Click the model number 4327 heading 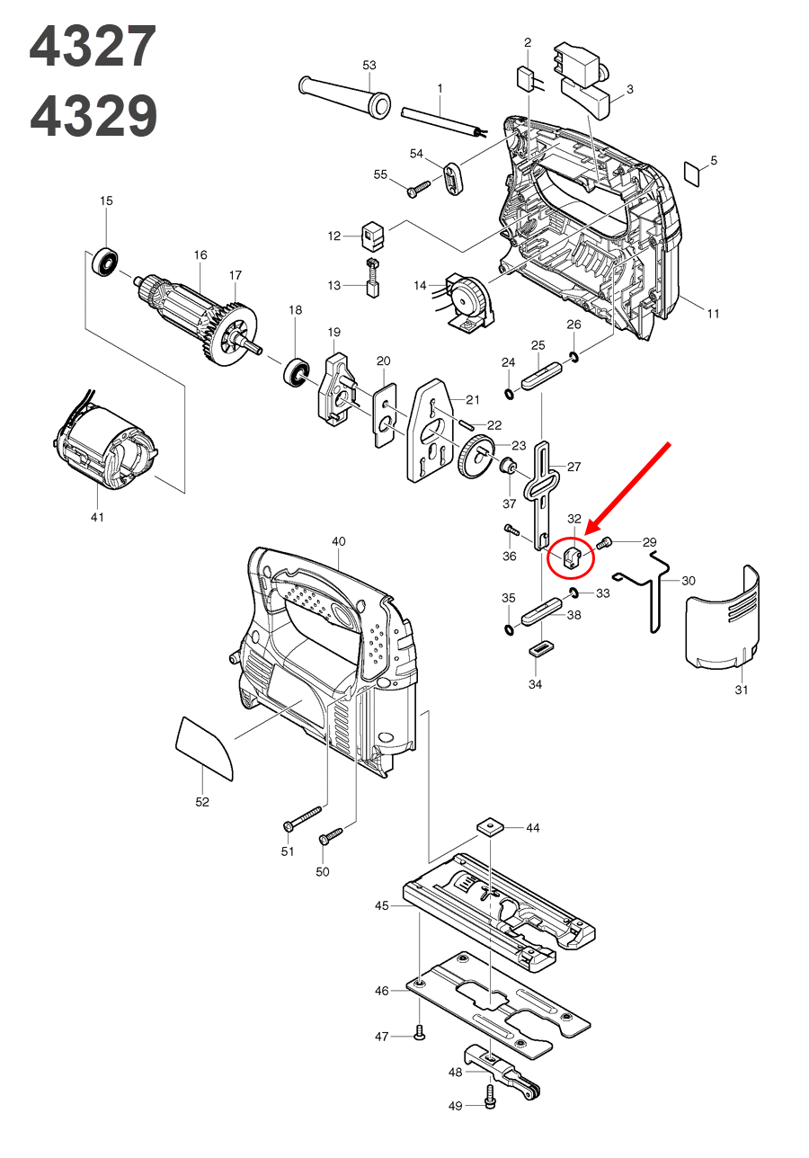tap(93, 48)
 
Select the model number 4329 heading tap(93, 116)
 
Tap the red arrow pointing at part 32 tap(629, 486)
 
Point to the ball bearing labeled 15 tap(106, 262)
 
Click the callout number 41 tap(97, 517)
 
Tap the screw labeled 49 tap(490, 1094)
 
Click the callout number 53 tap(369, 66)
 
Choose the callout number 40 tap(338, 541)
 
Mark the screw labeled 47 tap(419, 1036)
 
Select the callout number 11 tap(713, 314)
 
